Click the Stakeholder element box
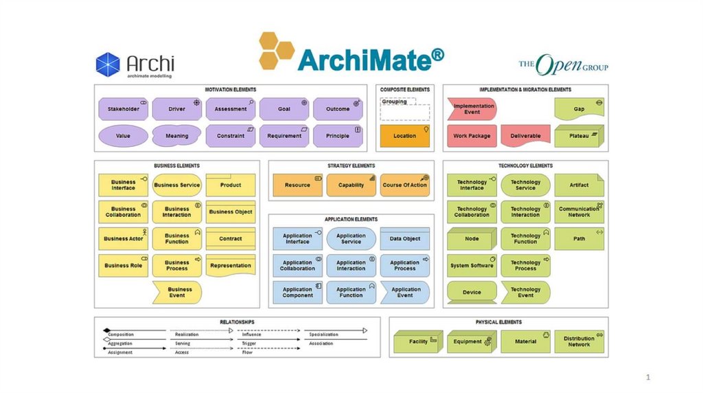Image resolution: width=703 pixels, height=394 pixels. point(123,109)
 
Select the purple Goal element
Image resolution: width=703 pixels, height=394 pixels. point(284,109)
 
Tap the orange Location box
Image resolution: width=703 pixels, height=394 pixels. point(404,136)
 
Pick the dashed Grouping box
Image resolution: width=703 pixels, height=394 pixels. point(404,109)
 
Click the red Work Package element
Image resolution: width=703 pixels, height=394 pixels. point(472,136)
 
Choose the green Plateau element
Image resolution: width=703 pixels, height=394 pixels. point(579,136)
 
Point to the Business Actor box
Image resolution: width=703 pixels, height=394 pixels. point(124,239)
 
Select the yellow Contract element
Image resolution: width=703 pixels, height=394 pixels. point(231,239)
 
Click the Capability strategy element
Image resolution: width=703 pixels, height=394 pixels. point(351,185)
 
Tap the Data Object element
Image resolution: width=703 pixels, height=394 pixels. point(404,239)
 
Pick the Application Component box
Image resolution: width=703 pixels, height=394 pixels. point(297,292)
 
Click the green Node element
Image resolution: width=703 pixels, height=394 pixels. point(472,239)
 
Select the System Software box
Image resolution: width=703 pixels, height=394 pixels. point(472,266)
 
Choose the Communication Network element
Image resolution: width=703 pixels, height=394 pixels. point(579,212)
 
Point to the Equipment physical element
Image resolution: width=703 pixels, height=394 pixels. point(472,341)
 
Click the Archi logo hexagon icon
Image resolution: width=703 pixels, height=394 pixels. point(108,65)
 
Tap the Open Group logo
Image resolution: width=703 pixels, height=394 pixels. point(563,65)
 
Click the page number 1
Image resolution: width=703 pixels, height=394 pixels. point(647,377)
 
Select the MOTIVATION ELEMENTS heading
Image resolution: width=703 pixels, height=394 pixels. point(231,90)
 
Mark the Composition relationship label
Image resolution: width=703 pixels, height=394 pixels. point(122,334)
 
